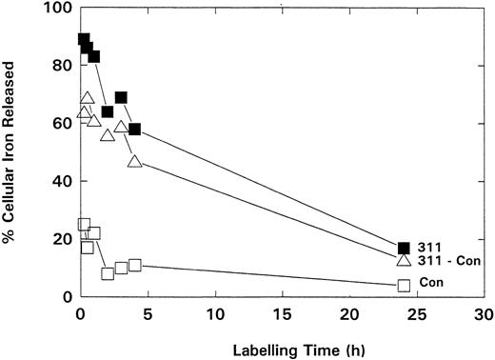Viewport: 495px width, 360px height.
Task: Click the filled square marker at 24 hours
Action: (404, 249)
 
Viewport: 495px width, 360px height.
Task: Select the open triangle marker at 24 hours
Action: (404, 260)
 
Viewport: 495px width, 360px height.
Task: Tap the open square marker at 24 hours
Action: (404, 285)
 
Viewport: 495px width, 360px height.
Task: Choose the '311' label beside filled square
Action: (429, 246)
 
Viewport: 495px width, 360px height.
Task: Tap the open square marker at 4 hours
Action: (134, 265)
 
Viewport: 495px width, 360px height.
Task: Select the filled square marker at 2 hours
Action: (108, 112)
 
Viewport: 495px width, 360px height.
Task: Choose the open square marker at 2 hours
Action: (108, 273)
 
